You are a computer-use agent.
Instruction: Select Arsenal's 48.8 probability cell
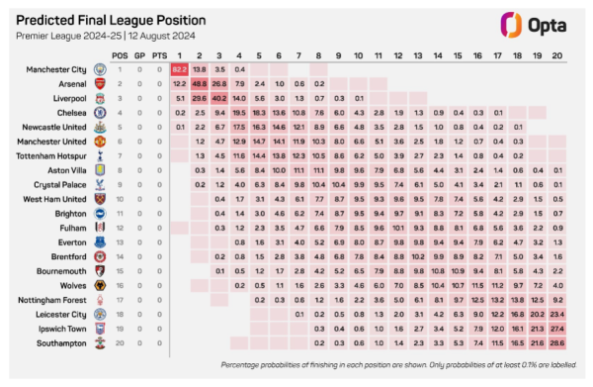199,85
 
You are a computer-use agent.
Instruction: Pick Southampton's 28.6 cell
557,341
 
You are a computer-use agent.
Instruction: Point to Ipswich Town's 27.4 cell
557,328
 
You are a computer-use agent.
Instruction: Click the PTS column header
158,54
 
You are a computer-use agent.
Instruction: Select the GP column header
139,54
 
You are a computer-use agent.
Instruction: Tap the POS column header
120,54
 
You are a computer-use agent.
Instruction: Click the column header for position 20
557,54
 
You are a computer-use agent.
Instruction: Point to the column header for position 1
179,54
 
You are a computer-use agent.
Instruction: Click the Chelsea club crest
99,114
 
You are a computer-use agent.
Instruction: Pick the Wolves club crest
99,285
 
